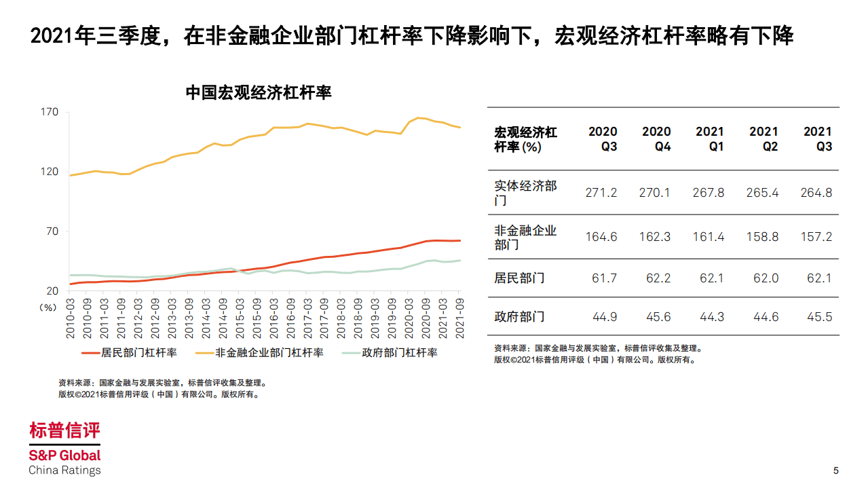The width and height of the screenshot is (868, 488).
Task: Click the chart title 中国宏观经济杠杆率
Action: click(x=258, y=93)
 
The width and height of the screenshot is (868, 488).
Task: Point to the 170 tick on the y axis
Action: click(x=51, y=112)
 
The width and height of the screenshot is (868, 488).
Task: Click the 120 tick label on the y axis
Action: click(x=51, y=172)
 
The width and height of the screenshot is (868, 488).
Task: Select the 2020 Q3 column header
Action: click(x=602, y=138)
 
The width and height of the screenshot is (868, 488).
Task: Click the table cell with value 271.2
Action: click(x=601, y=193)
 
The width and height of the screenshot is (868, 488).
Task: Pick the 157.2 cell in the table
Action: click(x=816, y=237)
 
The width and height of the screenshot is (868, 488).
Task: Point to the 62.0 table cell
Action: click(x=763, y=278)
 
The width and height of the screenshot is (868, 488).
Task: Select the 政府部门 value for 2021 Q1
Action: click(x=709, y=317)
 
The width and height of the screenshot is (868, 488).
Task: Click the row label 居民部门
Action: click(x=519, y=278)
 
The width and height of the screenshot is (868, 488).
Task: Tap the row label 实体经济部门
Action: click(x=525, y=193)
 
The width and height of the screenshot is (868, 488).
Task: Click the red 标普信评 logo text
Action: click(x=64, y=430)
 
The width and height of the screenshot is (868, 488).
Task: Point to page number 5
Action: click(x=836, y=470)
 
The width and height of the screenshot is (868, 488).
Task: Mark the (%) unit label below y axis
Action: click(x=48, y=307)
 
